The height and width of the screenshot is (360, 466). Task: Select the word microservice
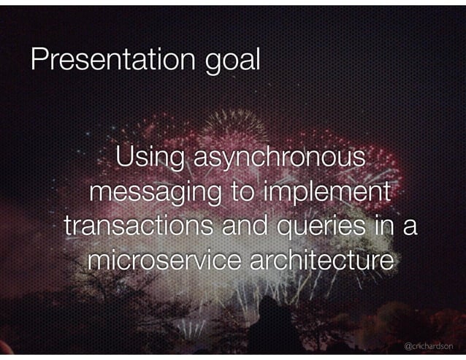tap(164, 260)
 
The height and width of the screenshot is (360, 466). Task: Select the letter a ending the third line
tap(410, 228)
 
